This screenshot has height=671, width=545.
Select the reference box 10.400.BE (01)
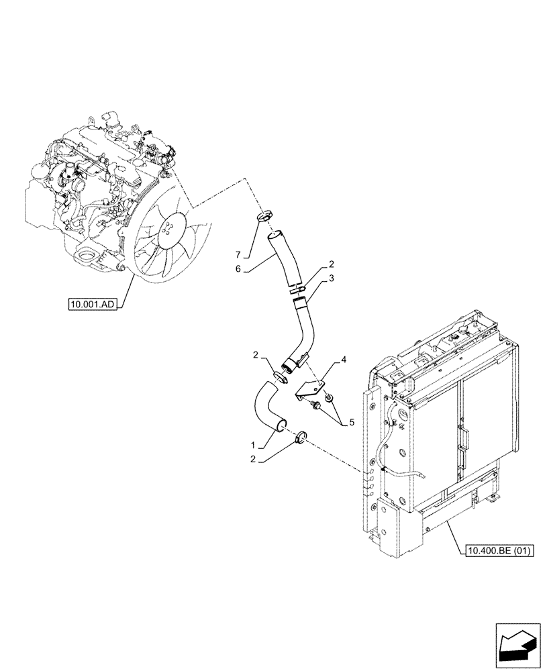point(498,552)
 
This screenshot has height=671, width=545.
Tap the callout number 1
point(252,444)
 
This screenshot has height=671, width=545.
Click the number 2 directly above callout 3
point(332,264)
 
